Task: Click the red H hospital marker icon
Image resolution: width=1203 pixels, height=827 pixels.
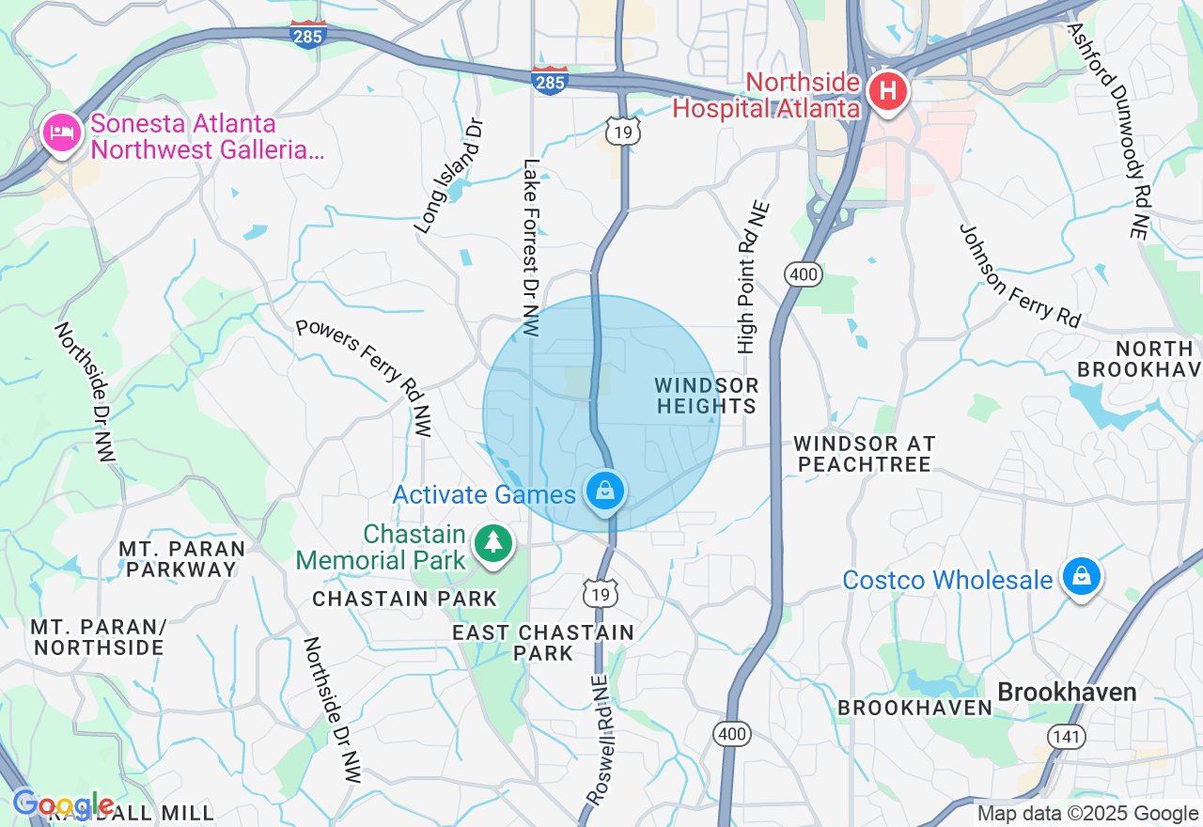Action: pyautogui.click(x=887, y=91)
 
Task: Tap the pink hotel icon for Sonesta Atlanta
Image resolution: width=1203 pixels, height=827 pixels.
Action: pyautogui.click(x=62, y=131)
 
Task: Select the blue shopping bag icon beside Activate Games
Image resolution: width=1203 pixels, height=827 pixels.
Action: pyautogui.click(x=606, y=491)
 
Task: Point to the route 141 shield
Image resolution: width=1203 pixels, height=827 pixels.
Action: pyautogui.click(x=1067, y=736)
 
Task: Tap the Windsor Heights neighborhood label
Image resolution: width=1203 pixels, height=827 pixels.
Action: pyautogui.click(x=707, y=396)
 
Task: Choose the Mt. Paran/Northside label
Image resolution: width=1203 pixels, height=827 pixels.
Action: pyautogui.click(x=98, y=636)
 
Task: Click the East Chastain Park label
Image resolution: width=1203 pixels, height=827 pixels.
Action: pyautogui.click(x=543, y=642)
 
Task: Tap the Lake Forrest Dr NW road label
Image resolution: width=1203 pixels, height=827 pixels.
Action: pyautogui.click(x=532, y=247)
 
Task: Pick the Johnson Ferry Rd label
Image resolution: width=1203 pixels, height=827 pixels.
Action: pyautogui.click(x=1020, y=275)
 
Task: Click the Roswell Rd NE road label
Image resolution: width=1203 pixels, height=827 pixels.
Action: pyautogui.click(x=599, y=739)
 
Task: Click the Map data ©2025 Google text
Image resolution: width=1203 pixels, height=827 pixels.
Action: pyautogui.click(x=1087, y=814)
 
